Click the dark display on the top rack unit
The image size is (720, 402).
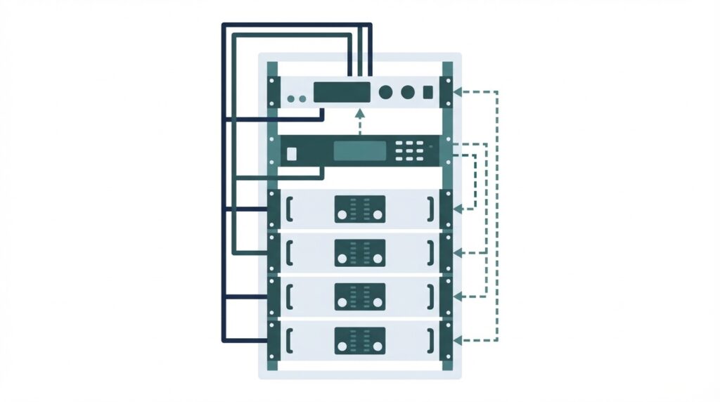tap(342, 92)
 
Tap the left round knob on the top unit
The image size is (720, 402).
tap(385, 92)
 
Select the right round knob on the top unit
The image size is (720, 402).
tap(407, 92)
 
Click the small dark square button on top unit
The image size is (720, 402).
tap(428, 92)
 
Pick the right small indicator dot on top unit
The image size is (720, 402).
tap(302, 99)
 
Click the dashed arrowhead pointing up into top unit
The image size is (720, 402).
tap(360, 112)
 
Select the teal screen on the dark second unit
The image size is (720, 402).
tap(360, 151)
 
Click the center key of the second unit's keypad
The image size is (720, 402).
tap(409, 151)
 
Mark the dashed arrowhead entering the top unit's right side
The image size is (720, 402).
tap(458, 91)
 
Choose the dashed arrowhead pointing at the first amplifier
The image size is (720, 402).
tap(458, 208)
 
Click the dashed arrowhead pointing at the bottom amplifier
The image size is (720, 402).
tap(458, 340)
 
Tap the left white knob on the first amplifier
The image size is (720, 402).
tap(342, 214)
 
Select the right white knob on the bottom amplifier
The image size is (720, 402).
tap(378, 346)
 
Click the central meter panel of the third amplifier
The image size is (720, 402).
tap(360, 297)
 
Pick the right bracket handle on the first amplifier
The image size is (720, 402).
tap(430, 208)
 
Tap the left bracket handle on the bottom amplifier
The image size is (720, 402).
tap(290, 340)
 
